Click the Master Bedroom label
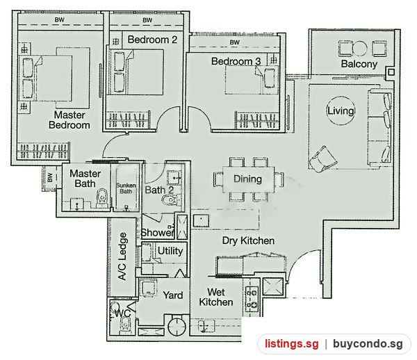[x=69, y=120]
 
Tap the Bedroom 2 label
[x=152, y=40]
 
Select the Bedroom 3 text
[x=236, y=61]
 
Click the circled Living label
[x=341, y=111]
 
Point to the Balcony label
[x=359, y=64]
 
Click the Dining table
[x=248, y=179]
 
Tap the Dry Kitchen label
[x=248, y=240]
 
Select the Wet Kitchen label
[x=216, y=297]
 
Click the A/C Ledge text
[x=122, y=256]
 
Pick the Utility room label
[x=170, y=251]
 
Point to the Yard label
[x=173, y=295]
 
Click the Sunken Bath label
[x=126, y=188]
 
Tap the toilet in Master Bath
[x=102, y=198]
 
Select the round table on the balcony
[x=359, y=49]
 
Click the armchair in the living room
[x=323, y=159]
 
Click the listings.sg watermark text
[x=292, y=344]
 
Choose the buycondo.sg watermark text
[x=368, y=344]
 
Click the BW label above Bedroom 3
[x=235, y=42]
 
